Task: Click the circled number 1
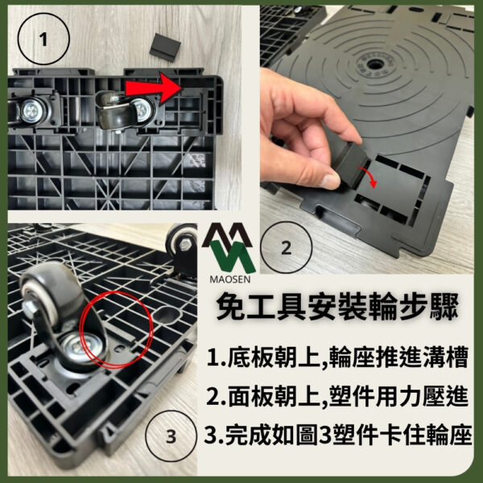point(43,39)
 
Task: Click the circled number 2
point(286,248)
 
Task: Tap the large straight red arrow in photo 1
point(153,87)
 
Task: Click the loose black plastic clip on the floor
point(165,47)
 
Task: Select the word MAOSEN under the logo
point(229,279)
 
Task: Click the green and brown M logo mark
point(229,248)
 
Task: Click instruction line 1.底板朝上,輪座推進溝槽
point(337,357)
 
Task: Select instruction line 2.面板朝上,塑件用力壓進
point(337,396)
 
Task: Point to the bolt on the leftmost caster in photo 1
point(29,110)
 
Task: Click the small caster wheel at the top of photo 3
point(181,244)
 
